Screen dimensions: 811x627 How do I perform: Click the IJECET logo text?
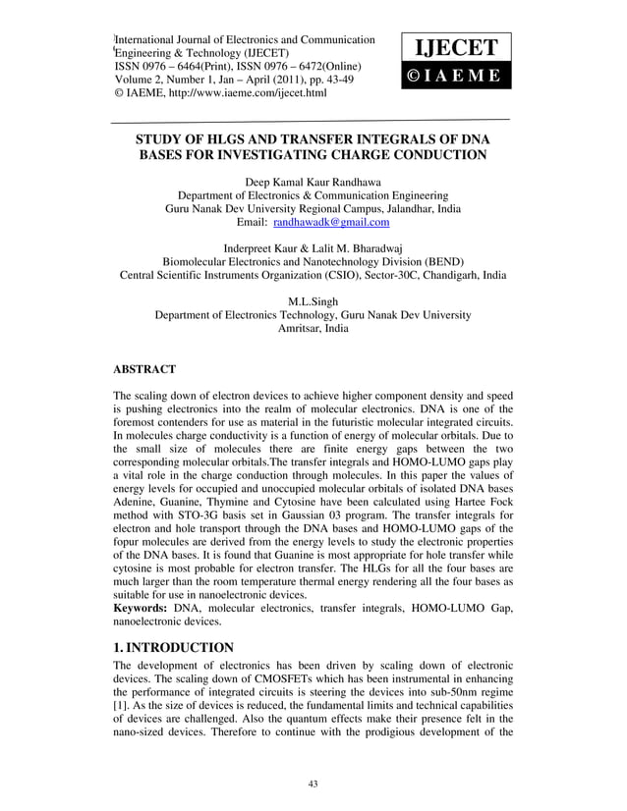point(453,46)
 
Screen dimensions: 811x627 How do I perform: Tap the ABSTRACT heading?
point(145,369)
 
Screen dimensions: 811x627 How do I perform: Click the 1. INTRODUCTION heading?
point(174,647)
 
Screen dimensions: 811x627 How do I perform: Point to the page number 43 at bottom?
point(313,782)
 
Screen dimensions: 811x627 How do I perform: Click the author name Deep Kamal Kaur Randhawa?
point(313,183)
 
